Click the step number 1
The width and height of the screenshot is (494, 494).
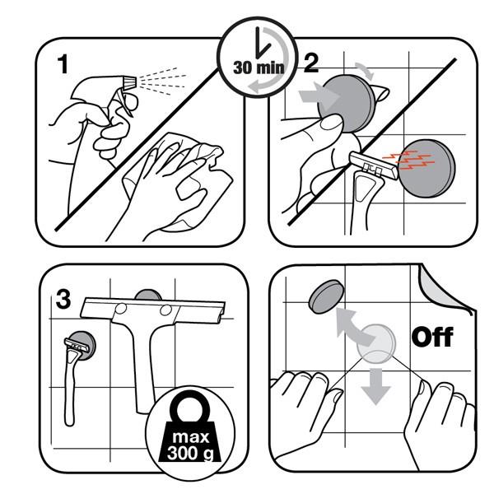63,64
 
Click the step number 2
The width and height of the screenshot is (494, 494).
311,63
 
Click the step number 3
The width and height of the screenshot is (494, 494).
63,299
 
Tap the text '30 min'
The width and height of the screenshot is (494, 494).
259,68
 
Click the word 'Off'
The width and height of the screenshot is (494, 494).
432,337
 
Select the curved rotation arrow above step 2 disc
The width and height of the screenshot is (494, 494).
366,71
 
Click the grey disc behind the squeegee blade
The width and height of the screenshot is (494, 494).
148,295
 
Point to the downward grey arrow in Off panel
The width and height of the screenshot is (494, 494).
375,386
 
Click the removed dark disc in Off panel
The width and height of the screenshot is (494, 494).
326,296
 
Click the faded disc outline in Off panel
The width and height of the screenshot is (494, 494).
376,343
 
